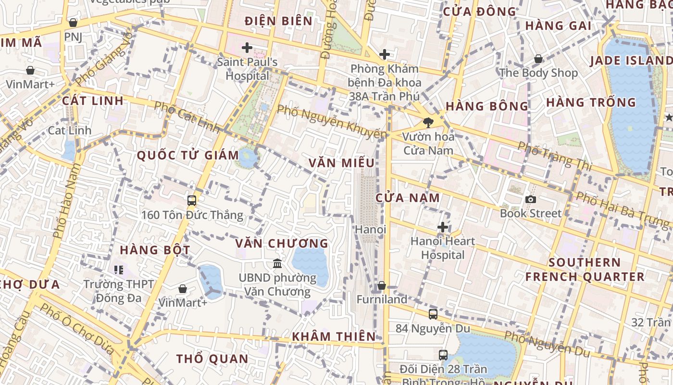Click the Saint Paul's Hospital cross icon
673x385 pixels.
tap(247, 48)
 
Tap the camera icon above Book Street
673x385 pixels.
tap(531, 199)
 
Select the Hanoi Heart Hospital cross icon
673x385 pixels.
tap(443, 227)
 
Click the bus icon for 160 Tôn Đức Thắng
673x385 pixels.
tap(192, 201)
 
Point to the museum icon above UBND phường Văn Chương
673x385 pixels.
tap(277, 263)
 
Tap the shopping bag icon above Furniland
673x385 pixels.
tap(382, 285)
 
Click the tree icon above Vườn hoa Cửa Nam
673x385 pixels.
tap(428, 122)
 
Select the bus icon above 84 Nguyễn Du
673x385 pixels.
tap(433, 314)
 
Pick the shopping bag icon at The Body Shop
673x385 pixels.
tap(538, 59)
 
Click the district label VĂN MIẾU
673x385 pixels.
tap(342, 163)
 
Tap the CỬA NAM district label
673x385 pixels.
tap(408, 197)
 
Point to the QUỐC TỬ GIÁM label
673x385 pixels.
tap(188, 155)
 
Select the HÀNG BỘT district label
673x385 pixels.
tap(155, 250)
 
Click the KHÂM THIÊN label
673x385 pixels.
tap(334, 336)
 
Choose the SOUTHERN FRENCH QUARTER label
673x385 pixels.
tap(585, 269)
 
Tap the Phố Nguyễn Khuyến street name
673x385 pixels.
tap(332, 122)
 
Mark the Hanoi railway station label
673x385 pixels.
tap(371, 230)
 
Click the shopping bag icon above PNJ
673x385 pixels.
tap(73, 23)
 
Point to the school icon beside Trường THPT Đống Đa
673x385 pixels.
tap(119, 270)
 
